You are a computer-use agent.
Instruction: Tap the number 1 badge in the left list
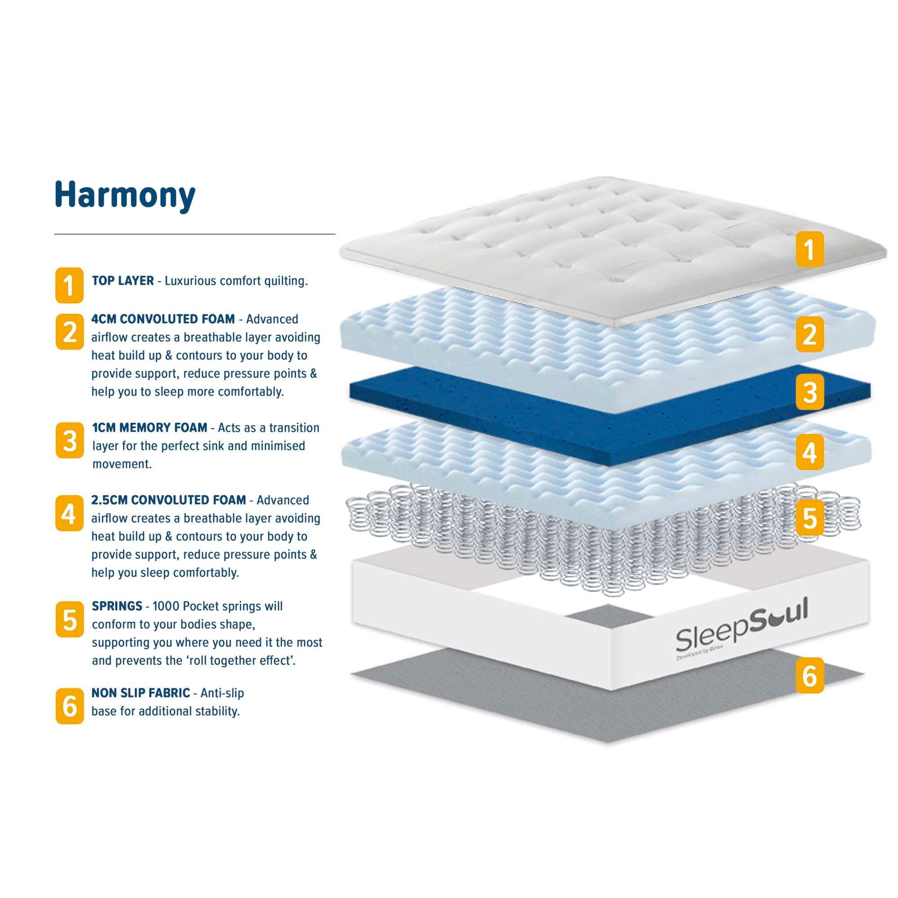click(x=69, y=285)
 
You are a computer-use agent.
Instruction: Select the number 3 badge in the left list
click(x=69, y=440)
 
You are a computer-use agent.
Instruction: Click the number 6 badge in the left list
click(x=69, y=706)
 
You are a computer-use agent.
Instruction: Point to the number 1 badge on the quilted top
click(x=809, y=249)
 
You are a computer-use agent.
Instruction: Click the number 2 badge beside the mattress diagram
click(x=809, y=334)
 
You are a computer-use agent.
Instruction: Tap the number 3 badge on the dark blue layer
click(x=809, y=392)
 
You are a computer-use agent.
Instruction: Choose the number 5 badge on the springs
click(x=809, y=517)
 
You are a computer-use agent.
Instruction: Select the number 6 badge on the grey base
click(x=809, y=675)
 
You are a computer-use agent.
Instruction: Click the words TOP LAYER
click(x=123, y=281)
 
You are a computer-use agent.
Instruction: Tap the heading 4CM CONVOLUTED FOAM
click(x=163, y=319)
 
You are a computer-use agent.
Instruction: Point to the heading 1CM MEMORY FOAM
click(x=150, y=427)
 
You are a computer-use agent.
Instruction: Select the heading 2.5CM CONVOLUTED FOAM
click(x=168, y=500)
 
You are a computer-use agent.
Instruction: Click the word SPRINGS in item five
click(x=117, y=606)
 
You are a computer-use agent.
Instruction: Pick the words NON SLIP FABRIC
click(x=141, y=692)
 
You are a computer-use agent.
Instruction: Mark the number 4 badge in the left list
click(x=69, y=513)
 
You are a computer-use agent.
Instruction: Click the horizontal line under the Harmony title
click(x=194, y=234)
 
